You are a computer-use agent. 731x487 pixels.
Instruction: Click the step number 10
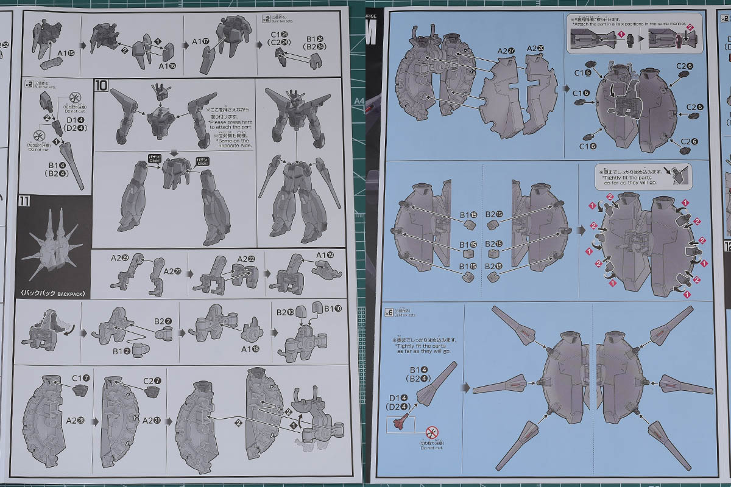[x=102, y=85]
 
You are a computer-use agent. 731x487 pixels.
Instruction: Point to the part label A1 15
[x=66, y=53]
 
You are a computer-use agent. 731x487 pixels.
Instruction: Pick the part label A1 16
[x=167, y=65]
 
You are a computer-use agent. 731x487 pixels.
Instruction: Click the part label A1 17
[x=201, y=41]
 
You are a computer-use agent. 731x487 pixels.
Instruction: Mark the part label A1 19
[x=325, y=256]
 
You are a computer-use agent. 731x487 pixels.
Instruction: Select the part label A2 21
[x=152, y=420]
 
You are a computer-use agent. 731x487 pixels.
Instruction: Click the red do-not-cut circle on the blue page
[x=432, y=433]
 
